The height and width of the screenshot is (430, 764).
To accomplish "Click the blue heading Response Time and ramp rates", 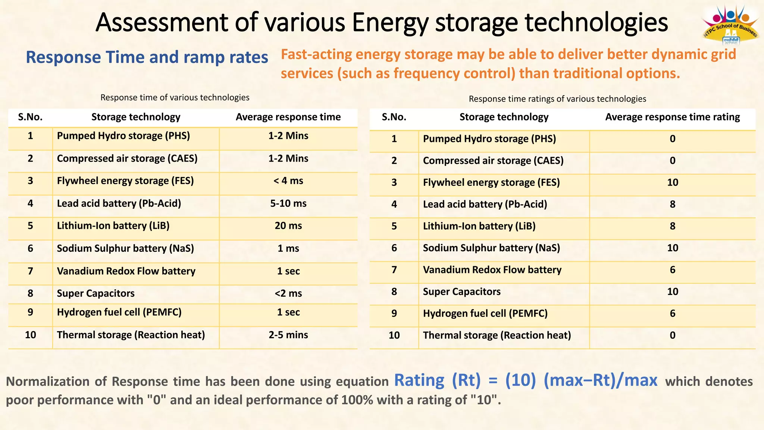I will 147,57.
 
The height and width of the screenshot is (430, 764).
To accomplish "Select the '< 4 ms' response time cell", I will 288,181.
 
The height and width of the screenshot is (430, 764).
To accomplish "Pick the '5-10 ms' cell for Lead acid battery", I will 288,203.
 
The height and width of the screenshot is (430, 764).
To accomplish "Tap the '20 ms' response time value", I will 288,226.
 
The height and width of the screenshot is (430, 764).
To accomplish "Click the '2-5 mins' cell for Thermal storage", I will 288,335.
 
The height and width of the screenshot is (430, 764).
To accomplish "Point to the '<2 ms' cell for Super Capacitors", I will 288,293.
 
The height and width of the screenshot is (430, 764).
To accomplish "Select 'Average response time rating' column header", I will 672,117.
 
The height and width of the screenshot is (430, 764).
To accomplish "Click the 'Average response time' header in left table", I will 288,117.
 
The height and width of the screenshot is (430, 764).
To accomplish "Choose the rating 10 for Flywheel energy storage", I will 672,183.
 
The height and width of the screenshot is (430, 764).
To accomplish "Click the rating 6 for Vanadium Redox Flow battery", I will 672,270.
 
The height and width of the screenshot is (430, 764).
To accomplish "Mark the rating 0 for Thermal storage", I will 672,335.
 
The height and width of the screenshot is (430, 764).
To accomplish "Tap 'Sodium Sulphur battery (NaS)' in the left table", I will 125,249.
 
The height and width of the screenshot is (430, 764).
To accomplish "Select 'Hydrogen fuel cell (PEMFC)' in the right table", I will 485,314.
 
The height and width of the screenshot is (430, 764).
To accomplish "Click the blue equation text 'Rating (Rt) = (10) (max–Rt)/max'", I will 526,380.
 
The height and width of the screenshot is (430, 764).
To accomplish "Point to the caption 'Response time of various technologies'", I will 175,98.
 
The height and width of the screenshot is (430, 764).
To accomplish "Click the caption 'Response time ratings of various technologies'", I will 557,99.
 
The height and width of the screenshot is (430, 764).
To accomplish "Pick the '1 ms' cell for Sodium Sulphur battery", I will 288,249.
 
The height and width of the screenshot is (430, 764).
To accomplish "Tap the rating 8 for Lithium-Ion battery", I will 672,226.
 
